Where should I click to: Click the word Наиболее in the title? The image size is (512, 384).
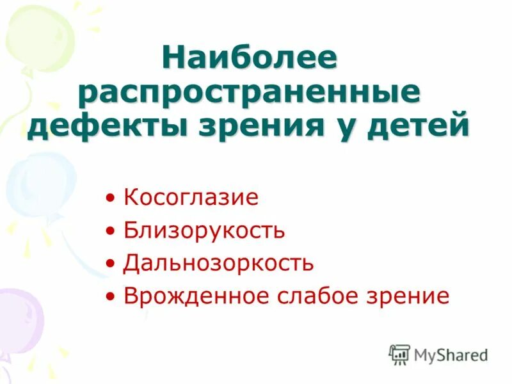250,60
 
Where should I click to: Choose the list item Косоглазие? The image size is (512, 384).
191,197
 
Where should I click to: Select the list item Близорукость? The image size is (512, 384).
204,230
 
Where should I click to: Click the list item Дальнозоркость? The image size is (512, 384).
218,262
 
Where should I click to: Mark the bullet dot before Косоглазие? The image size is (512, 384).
112,198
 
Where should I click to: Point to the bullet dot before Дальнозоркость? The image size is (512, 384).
112,264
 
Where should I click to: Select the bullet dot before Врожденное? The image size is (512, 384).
112,297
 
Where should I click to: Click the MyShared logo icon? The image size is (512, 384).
399,355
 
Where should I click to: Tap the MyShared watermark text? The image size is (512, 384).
451,355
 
